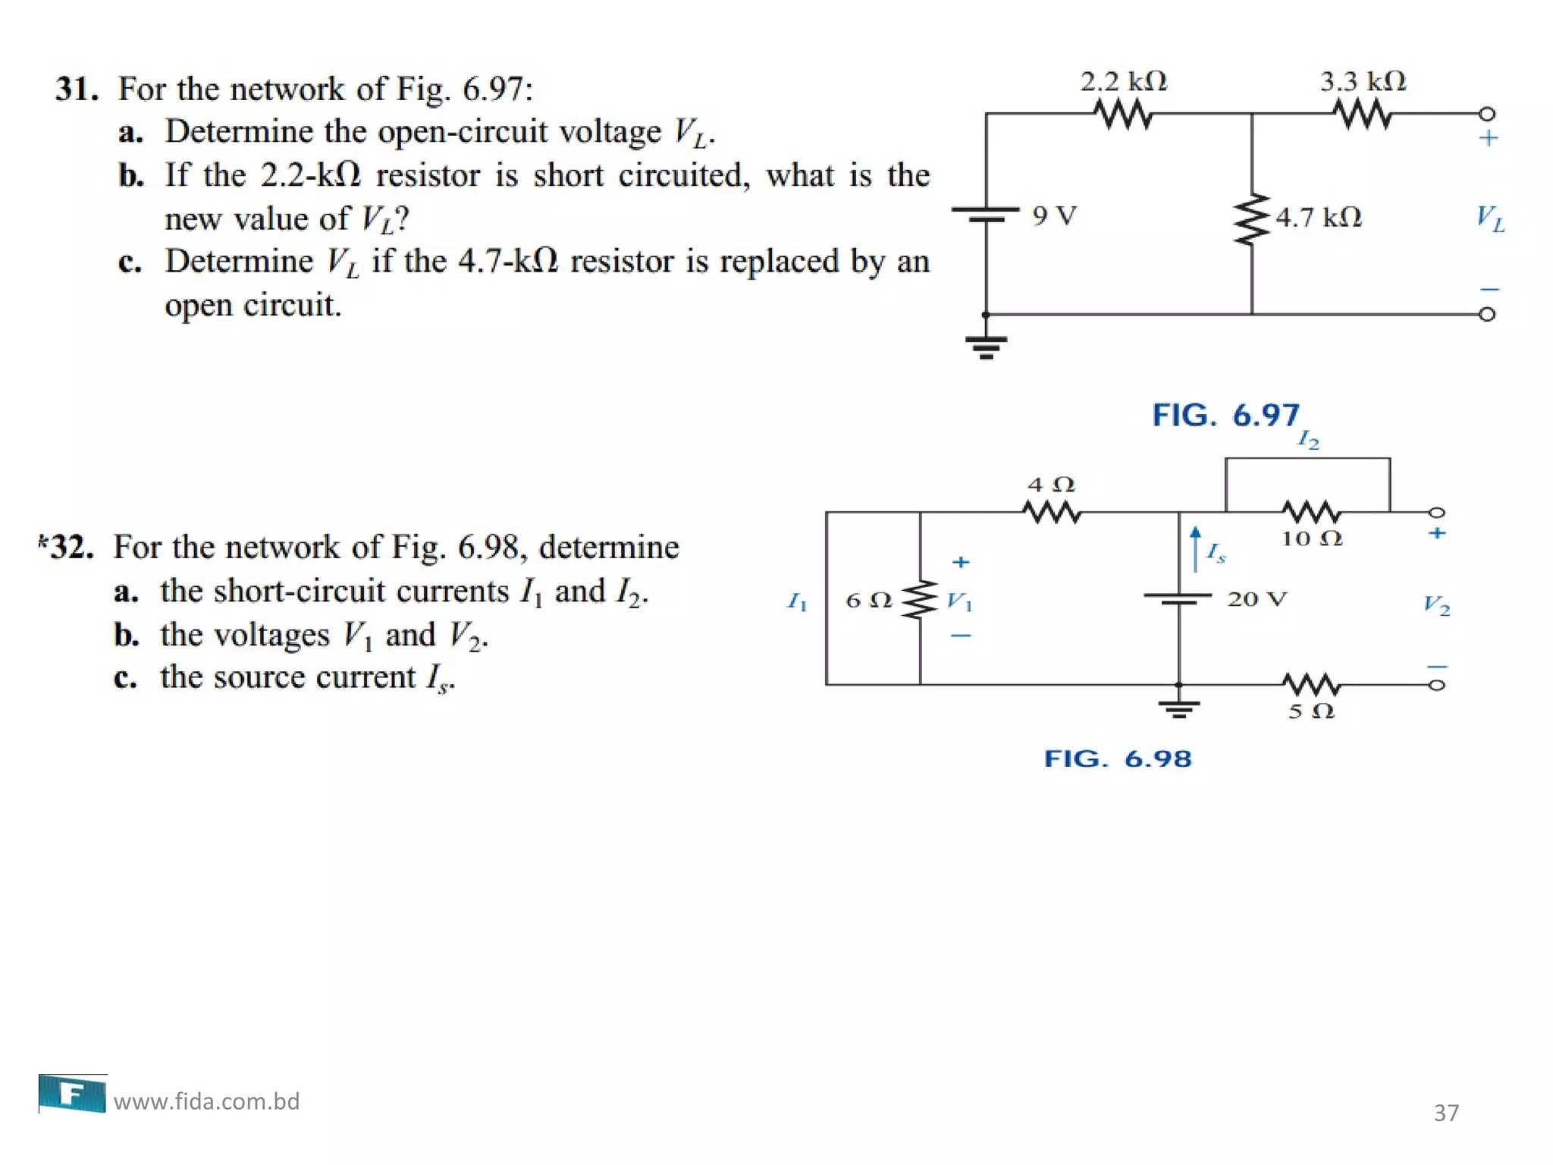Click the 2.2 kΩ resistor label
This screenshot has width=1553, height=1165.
coord(1123,81)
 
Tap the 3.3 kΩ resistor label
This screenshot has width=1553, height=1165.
coord(1363,81)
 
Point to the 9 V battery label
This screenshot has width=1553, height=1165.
coord(1054,216)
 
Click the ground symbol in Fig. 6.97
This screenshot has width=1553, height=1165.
coord(986,347)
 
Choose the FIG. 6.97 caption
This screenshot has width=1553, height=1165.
coord(1225,415)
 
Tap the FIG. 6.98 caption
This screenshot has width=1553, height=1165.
coord(1118,758)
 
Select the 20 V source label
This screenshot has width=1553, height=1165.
coord(1257,599)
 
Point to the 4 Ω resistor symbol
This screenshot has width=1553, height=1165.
coord(1052,513)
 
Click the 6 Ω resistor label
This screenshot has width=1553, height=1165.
coord(868,601)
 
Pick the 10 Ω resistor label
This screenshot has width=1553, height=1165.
coord(1312,539)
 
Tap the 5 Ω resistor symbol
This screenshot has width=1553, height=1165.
coord(1311,684)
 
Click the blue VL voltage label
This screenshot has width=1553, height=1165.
coord(1490,218)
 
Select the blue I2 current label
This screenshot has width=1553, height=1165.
coord(1309,439)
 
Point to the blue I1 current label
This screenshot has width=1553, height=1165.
coord(797,602)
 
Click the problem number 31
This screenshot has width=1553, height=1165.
coord(77,89)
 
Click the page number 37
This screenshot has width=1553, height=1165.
coord(1446,1113)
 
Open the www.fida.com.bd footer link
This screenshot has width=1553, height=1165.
coord(206,1101)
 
